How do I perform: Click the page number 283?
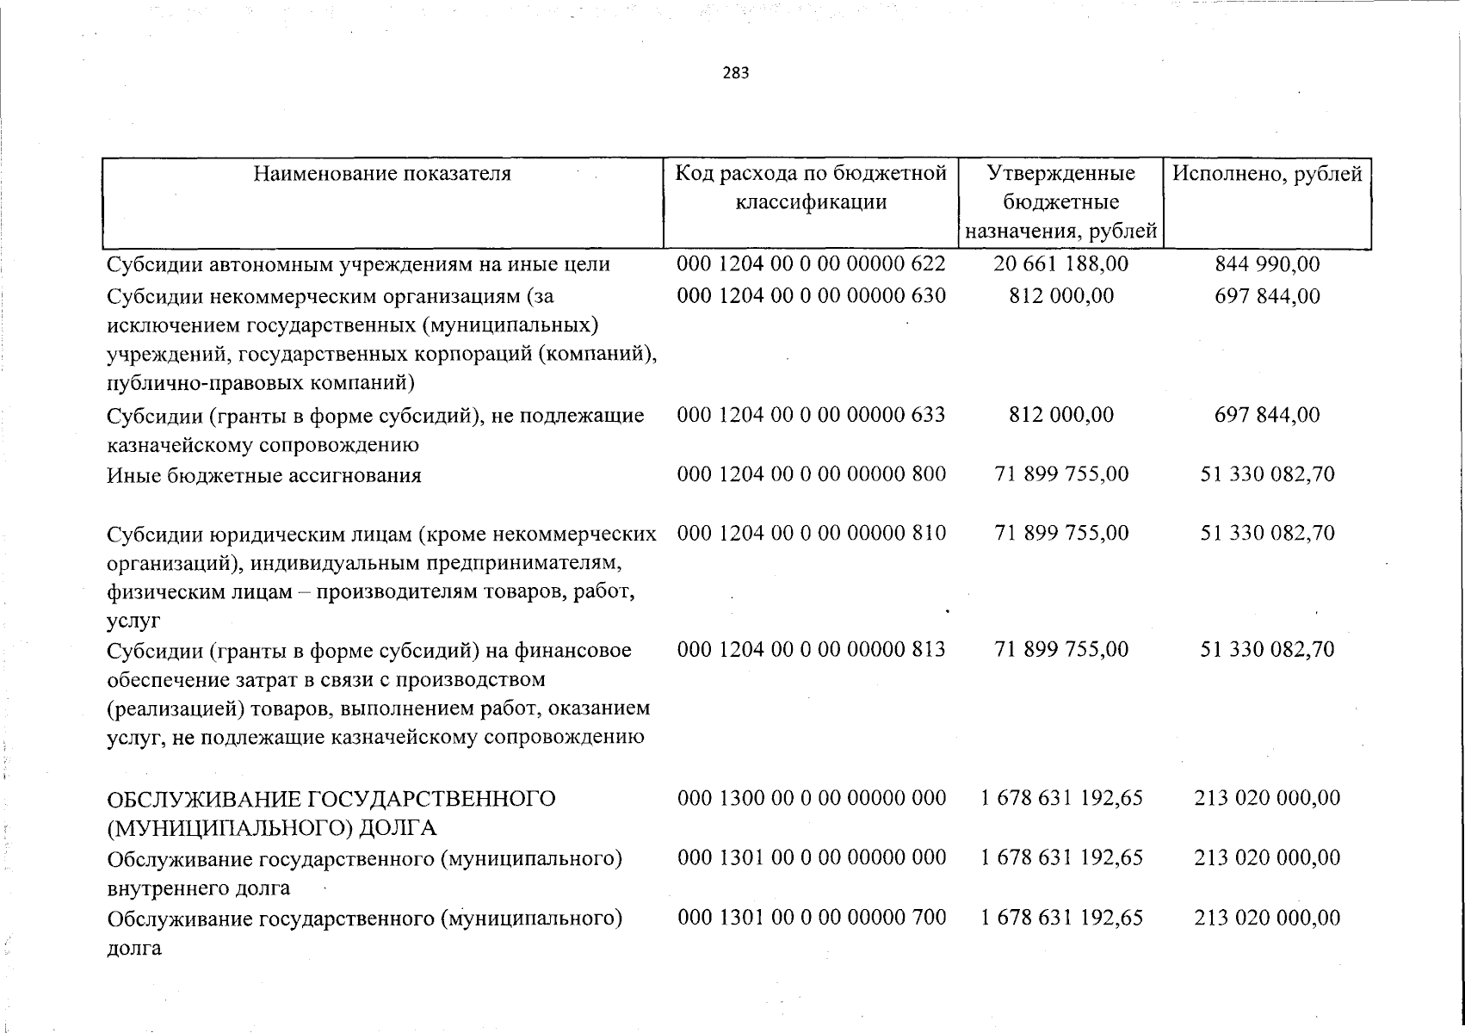click(x=735, y=73)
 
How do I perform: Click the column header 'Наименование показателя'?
click(x=382, y=174)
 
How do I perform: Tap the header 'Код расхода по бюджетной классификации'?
click(x=811, y=188)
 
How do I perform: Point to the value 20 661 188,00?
click(x=1060, y=264)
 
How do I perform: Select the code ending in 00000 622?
click(x=811, y=264)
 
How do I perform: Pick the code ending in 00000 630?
click(x=811, y=296)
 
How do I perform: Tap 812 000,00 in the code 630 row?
click(x=1060, y=296)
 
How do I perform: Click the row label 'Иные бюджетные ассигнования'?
click(x=264, y=475)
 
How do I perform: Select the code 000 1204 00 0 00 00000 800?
click(x=811, y=474)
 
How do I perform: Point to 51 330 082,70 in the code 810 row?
click(x=1267, y=533)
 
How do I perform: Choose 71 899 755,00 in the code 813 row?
click(x=1060, y=649)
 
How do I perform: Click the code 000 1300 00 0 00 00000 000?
click(x=811, y=798)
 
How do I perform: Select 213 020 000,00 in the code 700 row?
click(x=1267, y=918)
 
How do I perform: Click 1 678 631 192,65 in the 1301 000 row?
click(x=1061, y=857)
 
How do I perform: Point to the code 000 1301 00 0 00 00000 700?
click(x=811, y=918)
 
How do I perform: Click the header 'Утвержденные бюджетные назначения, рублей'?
click(x=1060, y=202)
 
